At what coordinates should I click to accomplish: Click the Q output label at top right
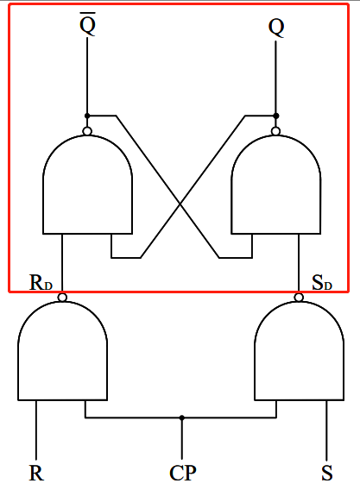(x=276, y=26)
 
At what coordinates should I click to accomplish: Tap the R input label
(x=36, y=473)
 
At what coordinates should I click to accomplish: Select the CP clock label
(x=182, y=473)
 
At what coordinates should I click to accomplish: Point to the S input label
(x=327, y=473)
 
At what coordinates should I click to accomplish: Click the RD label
(x=41, y=283)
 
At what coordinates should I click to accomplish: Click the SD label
(x=321, y=283)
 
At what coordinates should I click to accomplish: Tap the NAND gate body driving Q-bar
(x=87, y=185)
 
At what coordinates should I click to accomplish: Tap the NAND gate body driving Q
(x=276, y=185)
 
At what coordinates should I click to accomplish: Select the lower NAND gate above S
(x=299, y=354)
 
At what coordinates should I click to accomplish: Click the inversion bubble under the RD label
(x=62, y=298)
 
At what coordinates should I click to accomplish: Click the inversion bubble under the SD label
(x=299, y=298)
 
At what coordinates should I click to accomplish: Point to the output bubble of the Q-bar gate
(x=87, y=131)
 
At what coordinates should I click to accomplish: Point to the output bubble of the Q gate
(x=276, y=131)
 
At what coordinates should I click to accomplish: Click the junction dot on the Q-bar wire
(x=87, y=116)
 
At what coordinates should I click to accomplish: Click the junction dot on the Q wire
(x=276, y=116)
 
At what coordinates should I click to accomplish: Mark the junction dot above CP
(x=182, y=418)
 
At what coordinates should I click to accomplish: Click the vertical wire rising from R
(x=36, y=431)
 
